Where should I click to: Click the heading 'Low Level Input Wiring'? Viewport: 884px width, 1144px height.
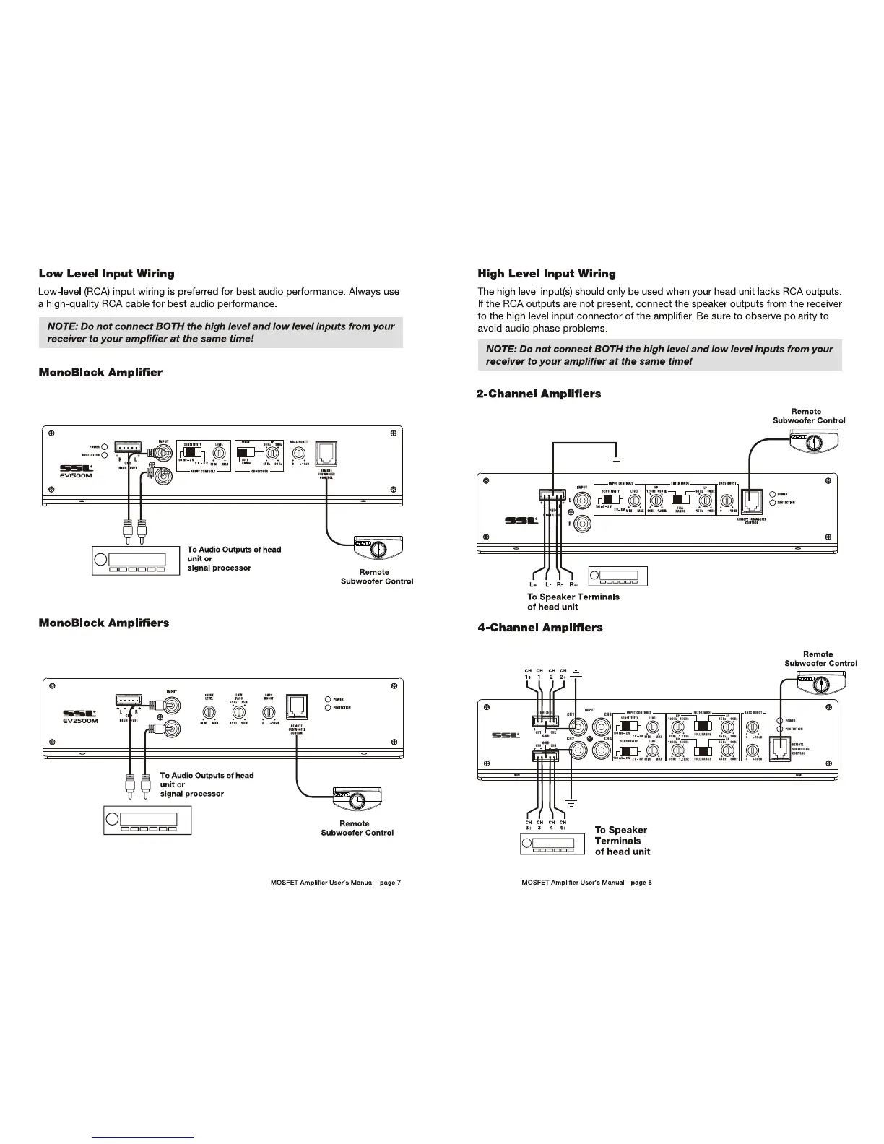[x=106, y=274]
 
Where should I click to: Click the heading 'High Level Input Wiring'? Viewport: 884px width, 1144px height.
[x=547, y=274]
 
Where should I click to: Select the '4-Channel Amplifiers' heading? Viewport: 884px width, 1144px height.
[x=540, y=628]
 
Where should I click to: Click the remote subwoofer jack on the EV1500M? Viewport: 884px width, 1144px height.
[x=326, y=454]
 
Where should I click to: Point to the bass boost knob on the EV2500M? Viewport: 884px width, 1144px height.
[x=269, y=713]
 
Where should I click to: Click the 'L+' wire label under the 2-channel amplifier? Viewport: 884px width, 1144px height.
[x=534, y=584]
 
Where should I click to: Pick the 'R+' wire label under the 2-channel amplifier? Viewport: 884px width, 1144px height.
[x=573, y=584]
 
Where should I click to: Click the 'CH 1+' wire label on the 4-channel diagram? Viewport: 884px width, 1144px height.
[x=529, y=675]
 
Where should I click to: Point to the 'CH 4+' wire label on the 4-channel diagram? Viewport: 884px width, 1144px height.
[x=563, y=825]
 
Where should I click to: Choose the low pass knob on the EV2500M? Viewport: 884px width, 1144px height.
[x=238, y=713]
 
